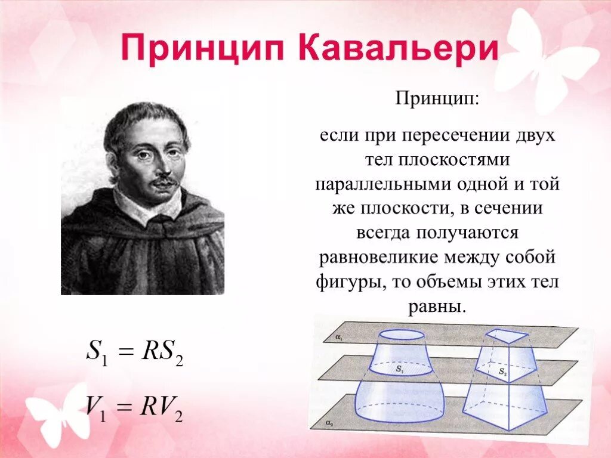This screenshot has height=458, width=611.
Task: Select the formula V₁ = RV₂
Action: [x=134, y=409]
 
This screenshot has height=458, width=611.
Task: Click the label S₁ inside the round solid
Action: [x=399, y=370]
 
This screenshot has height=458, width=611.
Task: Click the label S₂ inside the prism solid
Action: [x=502, y=373]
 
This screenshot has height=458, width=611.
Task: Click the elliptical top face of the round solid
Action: [x=402, y=335]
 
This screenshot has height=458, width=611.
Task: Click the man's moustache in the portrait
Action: [x=163, y=180]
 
